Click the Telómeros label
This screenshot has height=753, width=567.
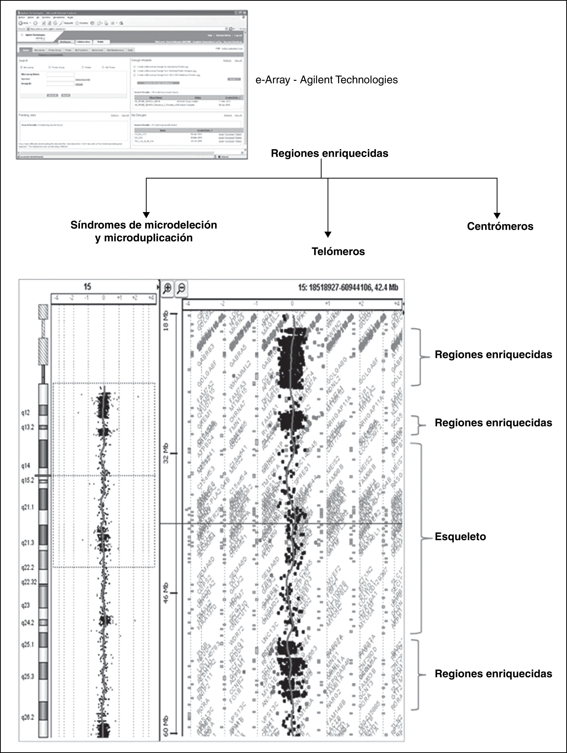[x=338, y=252]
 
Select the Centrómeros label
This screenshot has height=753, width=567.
[x=500, y=226]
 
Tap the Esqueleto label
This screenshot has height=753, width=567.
[x=460, y=537]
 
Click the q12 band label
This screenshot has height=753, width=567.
[x=26, y=413]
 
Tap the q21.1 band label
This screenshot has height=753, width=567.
[x=28, y=507]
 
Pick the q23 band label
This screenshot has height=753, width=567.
[x=26, y=605]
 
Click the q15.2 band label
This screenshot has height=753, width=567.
[x=28, y=481]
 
